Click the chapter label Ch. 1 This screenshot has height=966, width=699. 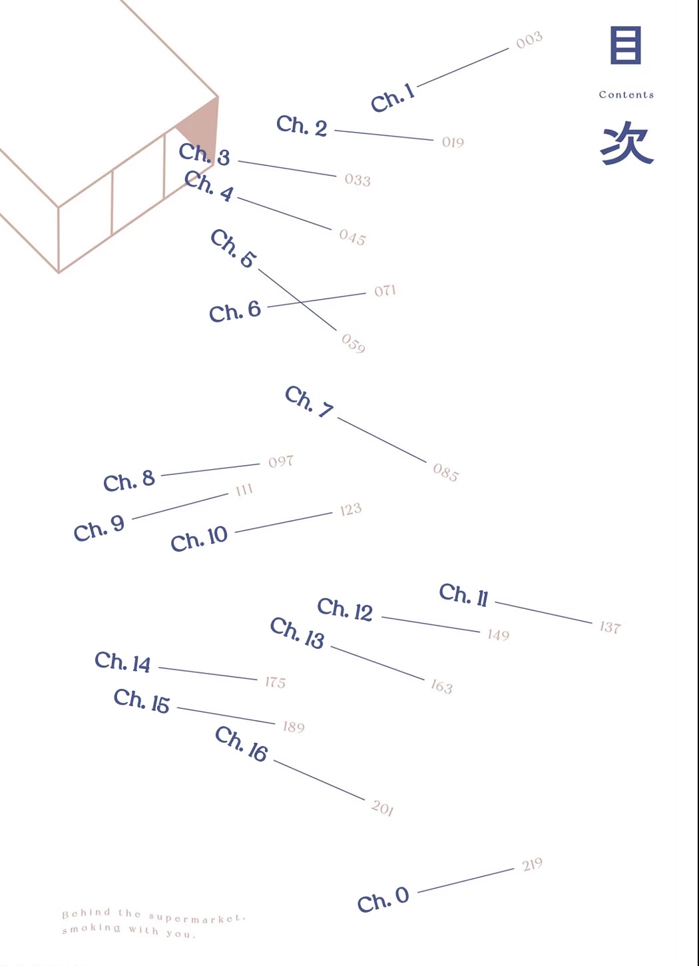pos(393,99)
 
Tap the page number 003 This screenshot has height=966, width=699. pos(529,40)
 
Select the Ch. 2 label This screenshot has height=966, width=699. pos(302,126)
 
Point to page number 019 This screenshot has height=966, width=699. pos(453,143)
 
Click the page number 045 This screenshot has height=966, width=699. pos(353,237)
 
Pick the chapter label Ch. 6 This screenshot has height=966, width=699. pos(235,311)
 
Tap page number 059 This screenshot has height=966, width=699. pos(353,343)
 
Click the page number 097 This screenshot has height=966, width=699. pos(281,462)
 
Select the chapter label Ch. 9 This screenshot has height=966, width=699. pos(99,529)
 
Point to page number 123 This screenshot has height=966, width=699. pos(351,509)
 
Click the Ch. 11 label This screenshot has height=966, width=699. pos(464,595)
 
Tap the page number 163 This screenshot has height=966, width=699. pos(442,686)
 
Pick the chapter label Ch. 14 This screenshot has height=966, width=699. pos(122,662)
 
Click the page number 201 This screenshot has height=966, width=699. pos(383,807)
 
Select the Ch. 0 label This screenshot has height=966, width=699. pos(383,899)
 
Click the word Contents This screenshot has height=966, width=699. pos(626,95)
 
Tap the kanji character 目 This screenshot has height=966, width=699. pos(626,45)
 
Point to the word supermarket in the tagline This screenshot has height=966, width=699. pos(197,918)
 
